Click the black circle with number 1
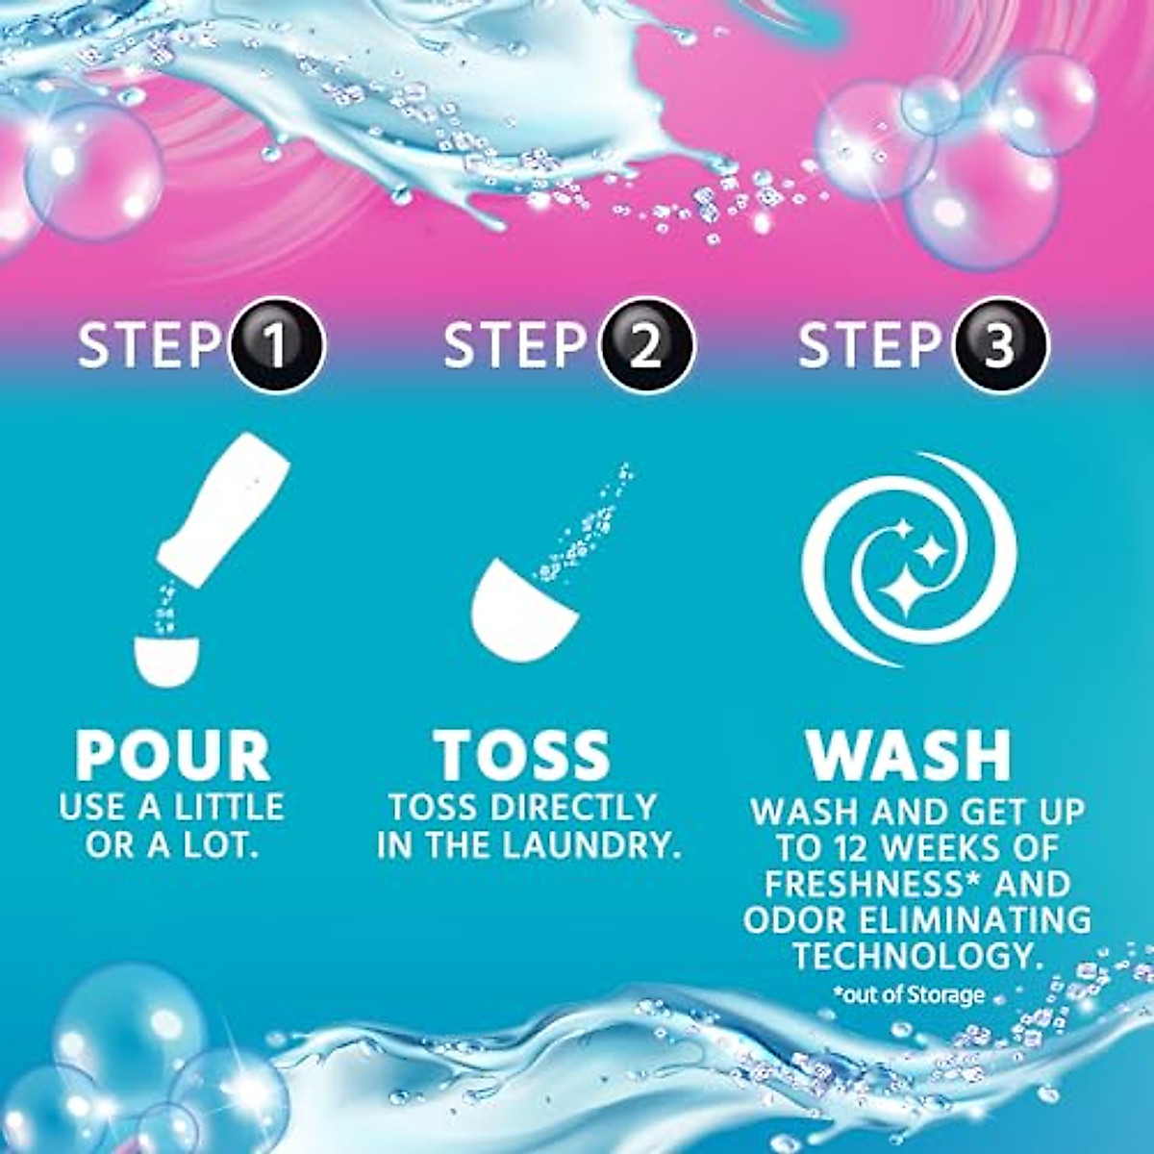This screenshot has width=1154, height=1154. point(277,344)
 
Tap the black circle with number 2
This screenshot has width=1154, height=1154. point(645,344)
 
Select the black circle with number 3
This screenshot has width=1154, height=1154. point(1000,344)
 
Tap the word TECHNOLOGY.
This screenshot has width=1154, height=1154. point(918,957)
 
